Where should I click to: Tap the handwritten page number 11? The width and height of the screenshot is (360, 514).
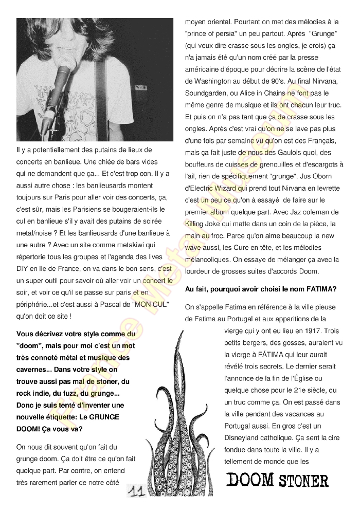tap(136, 492)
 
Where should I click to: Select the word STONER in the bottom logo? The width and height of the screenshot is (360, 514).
tap(303, 482)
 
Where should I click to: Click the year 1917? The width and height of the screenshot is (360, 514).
tap(299, 331)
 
